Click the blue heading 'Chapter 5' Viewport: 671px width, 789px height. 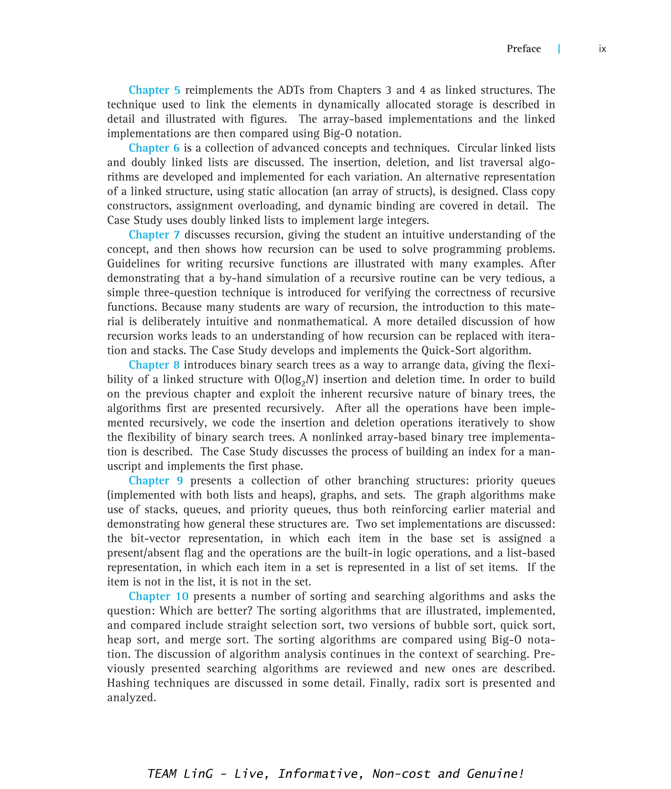point(154,90)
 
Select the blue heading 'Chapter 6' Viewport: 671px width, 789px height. point(154,148)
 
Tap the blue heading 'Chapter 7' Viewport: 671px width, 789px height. point(154,235)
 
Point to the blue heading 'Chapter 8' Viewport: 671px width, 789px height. point(154,365)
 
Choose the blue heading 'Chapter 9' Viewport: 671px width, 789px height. point(156,480)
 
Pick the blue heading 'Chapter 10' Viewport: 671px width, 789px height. point(159,596)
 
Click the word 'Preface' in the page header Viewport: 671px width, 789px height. point(524,49)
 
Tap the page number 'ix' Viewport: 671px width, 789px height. point(602,49)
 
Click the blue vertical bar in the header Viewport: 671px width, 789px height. point(559,49)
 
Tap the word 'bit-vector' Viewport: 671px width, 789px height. point(156,538)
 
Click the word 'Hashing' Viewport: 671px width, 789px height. point(128,683)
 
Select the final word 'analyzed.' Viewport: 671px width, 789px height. point(132,697)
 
